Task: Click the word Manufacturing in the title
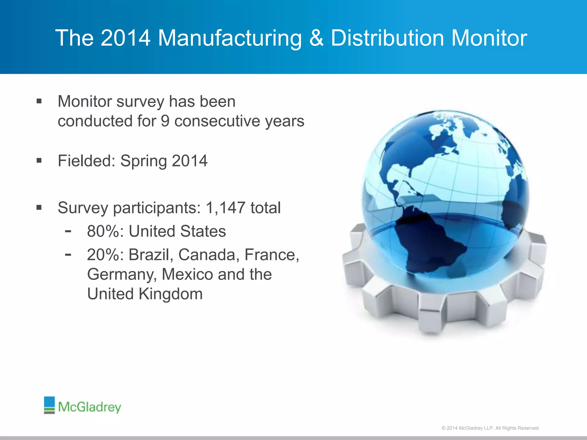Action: [x=230, y=38]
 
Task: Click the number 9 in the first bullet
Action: [x=165, y=121]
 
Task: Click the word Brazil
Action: [x=151, y=255]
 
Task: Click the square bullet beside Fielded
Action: [x=39, y=160]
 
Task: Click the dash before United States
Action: [x=68, y=231]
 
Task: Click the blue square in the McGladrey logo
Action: [x=49, y=402]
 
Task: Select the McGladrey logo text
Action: [x=89, y=407]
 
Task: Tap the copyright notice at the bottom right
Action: [x=490, y=428]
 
